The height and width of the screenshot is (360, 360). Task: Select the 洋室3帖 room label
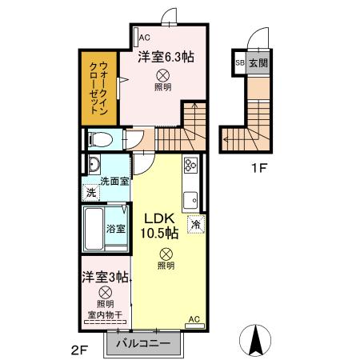pyautogui.click(x=104, y=278)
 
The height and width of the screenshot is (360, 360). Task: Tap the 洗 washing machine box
pyautogui.click(x=92, y=193)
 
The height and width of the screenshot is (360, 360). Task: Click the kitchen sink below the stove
pyautogui.click(x=191, y=198)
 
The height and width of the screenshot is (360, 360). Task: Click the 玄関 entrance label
pyautogui.click(x=258, y=62)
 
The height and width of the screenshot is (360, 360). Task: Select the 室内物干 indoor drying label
pyautogui.click(x=103, y=314)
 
